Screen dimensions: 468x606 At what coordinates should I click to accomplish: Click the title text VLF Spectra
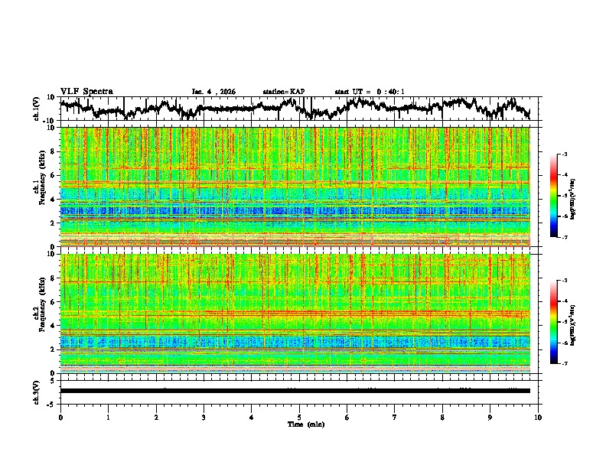(86, 91)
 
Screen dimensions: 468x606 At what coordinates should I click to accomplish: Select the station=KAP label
(283, 92)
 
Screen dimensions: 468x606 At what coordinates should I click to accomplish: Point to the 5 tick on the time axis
(299, 417)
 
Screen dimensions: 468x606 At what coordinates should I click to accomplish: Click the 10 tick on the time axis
(539, 417)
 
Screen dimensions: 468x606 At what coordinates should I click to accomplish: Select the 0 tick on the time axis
(60, 417)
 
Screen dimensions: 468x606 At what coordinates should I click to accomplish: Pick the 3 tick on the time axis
(204, 417)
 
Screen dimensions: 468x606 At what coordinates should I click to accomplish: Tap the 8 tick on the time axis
(443, 417)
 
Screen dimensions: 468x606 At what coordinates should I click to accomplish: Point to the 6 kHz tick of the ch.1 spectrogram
(52, 175)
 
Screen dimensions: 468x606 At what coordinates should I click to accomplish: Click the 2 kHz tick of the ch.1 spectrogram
(52, 223)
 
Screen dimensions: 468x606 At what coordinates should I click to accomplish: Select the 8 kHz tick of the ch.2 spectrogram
(52, 278)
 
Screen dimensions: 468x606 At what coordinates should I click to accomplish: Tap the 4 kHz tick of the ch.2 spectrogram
(52, 326)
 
